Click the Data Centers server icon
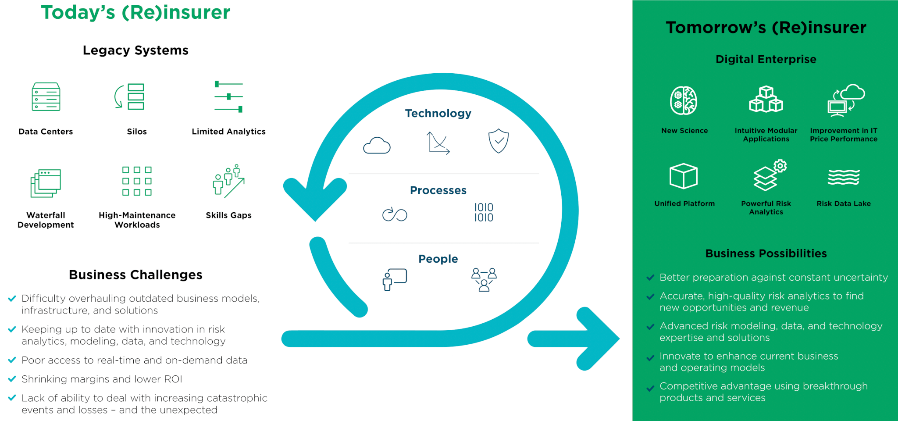[46, 97]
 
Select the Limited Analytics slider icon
[228, 96]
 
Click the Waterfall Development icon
[46, 183]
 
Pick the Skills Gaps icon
[228, 182]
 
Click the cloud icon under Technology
[377, 145]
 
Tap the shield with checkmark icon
[499, 141]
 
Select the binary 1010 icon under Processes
[484, 212]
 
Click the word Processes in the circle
[438, 190]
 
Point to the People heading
[438, 259]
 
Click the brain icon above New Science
[684, 101]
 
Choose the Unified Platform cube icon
[684, 176]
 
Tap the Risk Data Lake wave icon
[844, 177]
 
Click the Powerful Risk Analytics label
[766, 207]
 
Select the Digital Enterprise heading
[766, 59]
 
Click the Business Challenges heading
[135, 275]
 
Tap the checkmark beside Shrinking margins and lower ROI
[12, 379]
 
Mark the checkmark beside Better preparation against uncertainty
[651, 278]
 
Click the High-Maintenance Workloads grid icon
[137, 181]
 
